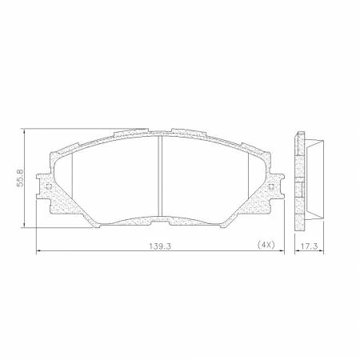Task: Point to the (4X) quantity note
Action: [x=266, y=246]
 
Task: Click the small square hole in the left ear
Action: [x=49, y=189]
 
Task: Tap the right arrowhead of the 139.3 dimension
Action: [x=282, y=253]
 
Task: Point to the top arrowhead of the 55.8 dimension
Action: [x=27, y=130]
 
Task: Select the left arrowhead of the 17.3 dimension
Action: [x=296, y=253]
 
